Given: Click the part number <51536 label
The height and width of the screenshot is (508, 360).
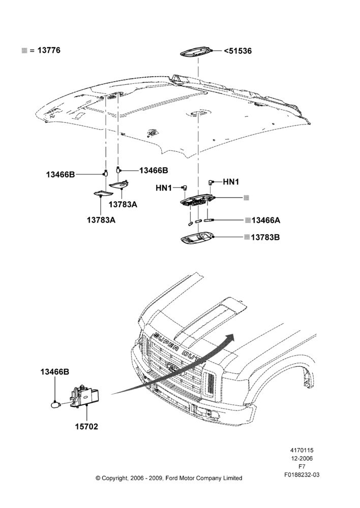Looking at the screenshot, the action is tap(238, 51).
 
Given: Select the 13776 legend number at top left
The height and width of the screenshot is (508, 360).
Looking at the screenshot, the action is tap(49, 50).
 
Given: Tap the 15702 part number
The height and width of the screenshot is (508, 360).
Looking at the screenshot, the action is tap(86, 427).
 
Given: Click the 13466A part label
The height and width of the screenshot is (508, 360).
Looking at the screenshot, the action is tap(265, 220).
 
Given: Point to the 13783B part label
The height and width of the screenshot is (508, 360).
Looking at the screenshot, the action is tap(265, 237).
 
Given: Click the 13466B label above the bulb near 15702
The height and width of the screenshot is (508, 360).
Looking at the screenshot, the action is tap(55, 372).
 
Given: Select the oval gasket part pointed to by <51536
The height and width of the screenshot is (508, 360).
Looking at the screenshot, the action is tap(196, 52).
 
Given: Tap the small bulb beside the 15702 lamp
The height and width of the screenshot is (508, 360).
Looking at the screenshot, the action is tap(56, 405).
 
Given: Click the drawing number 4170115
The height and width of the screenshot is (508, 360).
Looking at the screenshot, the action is tap(302, 450).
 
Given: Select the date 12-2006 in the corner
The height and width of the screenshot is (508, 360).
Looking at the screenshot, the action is tap(302, 458).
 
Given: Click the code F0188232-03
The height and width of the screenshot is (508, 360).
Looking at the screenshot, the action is tap(302, 474).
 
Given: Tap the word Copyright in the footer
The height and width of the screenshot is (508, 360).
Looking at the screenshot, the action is tap(115, 478).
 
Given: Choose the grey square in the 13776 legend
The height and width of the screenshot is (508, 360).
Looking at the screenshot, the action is tap(24, 50).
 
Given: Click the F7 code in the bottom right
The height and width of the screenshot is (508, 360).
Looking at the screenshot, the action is tap(302, 466).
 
